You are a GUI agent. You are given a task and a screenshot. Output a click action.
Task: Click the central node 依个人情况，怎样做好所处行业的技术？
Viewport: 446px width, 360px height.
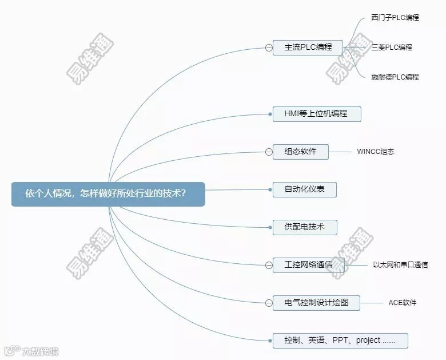(x=108, y=193)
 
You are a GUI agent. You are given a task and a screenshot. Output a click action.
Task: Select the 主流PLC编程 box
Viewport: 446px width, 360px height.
(x=308, y=48)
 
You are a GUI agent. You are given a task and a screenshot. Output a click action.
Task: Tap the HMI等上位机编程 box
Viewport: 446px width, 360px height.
(x=316, y=113)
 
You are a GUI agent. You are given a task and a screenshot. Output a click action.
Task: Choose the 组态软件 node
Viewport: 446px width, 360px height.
(x=300, y=152)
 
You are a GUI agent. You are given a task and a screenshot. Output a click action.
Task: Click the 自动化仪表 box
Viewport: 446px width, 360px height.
(x=304, y=189)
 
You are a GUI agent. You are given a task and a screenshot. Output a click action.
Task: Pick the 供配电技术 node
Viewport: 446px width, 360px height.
(x=304, y=227)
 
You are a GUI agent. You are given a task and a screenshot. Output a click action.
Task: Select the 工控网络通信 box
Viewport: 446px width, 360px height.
(x=308, y=264)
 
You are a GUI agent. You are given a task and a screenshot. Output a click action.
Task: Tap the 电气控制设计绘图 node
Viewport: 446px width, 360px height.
(x=316, y=302)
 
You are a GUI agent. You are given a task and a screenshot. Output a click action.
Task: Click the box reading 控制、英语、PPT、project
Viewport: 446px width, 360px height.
(x=340, y=341)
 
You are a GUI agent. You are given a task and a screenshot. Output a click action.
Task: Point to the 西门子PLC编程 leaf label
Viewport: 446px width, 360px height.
(x=395, y=18)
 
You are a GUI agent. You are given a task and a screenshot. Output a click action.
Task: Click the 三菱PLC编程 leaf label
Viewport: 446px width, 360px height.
(x=392, y=48)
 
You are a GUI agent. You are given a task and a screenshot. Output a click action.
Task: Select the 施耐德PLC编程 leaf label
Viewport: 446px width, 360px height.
(x=395, y=77)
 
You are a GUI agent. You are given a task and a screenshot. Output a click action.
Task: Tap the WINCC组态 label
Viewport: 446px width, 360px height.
(x=376, y=152)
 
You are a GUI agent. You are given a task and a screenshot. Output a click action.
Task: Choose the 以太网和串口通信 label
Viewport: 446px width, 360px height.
(x=400, y=264)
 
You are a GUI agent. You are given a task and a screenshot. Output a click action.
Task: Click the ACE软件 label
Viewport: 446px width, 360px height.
(x=403, y=302)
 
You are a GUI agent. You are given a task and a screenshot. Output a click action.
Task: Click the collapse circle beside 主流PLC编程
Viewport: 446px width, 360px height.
(x=269, y=48)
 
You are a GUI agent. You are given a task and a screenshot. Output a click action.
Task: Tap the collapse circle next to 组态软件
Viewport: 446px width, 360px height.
(x=269, y=152)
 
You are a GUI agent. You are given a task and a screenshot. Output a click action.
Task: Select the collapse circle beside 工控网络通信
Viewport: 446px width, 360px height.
(x=269, y=264)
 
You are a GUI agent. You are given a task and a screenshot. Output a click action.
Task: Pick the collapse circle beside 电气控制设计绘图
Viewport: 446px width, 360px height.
(x=269, y=302)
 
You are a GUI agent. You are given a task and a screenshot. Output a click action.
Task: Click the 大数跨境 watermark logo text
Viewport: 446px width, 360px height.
(x=39, y=351)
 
